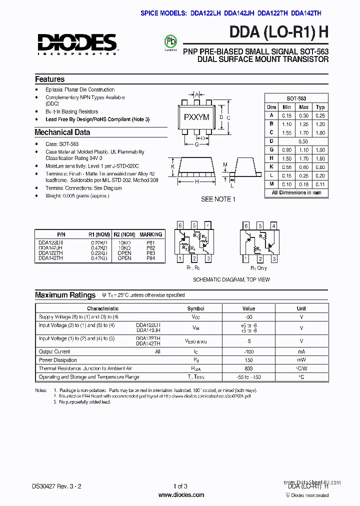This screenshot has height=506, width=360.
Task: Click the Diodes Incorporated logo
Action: point(76,43)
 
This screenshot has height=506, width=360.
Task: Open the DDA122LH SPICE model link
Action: point(206,14)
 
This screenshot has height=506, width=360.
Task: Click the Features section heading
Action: point(49,79)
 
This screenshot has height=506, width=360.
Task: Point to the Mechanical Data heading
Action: point(62,132)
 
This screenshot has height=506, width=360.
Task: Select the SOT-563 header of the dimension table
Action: point(296,98)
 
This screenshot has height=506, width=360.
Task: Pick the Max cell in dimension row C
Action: point(303,133)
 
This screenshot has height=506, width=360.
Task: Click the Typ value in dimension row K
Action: point(320,167)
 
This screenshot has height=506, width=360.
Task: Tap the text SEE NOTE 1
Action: point(216,199)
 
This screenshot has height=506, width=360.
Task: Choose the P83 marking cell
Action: point(150,253)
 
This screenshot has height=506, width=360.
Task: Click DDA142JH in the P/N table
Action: point(50,247)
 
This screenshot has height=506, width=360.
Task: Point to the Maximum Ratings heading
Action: point(65,295)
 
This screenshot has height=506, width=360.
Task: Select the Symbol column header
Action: point(195,308)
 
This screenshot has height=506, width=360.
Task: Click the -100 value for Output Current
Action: point(248,351)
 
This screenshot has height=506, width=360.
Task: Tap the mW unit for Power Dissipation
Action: point(301,360)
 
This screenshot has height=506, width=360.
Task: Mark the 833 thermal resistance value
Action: point(248,368)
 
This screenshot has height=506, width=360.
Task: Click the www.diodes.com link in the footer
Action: point(181,495)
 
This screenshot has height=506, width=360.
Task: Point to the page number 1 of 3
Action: point(180,486)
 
